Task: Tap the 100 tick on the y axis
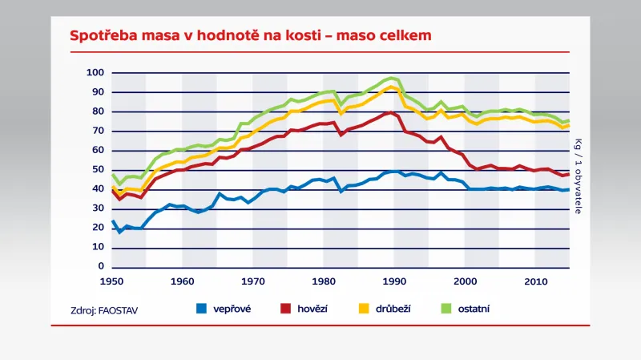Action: pyautogui.click(x=96, y=73)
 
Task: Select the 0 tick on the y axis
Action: pyautogui.click(x=101, y=266)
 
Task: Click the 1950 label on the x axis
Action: pyautogui.click(x=112, y=281)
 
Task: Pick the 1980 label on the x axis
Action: pyautogui.click(x=324, y=281)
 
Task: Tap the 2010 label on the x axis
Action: pyautogui.click(x=535, y=281)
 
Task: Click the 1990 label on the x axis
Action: pyautogui.click(x=394, y=281)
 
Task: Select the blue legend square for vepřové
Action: pyautogui.click(x=204, y=307)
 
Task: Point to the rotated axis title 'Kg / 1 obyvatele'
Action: pyautogui.click(x=578, y=176)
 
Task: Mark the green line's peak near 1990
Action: pyautogui.click(x=392, y=78)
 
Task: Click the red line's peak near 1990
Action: pyautogui.click(x=390, y=112)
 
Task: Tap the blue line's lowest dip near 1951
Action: pyautogui.click(x=119, y=232)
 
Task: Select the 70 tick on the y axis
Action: pyautogui.click(x=99, y=131)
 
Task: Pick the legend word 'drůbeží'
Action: pyautogui.click(x=393, y=308)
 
